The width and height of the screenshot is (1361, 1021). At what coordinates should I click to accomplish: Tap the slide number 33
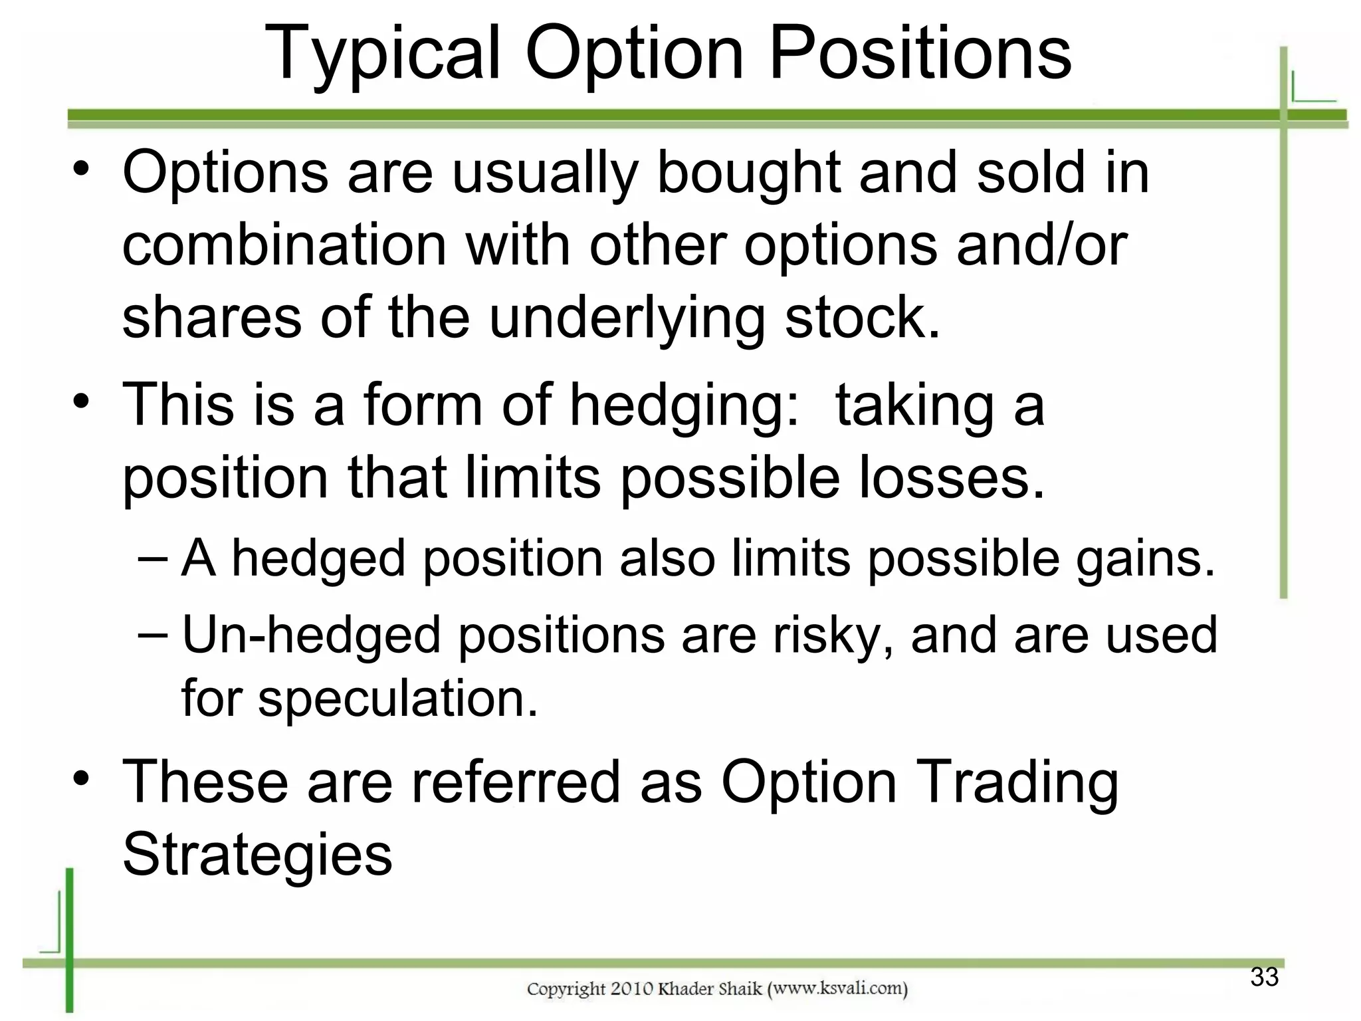click(x=1264, y=976)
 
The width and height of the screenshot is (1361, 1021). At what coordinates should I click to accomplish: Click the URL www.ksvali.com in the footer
click(x=838, y=988)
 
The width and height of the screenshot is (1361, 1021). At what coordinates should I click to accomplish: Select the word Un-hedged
click(x=311, y=634)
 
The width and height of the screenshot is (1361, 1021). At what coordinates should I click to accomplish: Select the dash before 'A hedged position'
click(x=154, y=558)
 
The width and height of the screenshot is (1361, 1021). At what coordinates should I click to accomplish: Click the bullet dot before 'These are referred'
click(x=81, y=778)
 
